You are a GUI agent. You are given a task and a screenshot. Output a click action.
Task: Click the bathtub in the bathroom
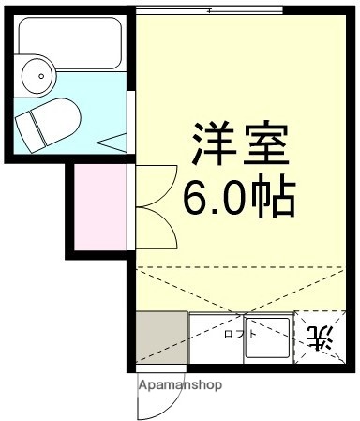69,43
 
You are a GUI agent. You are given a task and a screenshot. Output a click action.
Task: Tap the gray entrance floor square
160,338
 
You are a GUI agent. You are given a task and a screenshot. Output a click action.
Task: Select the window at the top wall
209,10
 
